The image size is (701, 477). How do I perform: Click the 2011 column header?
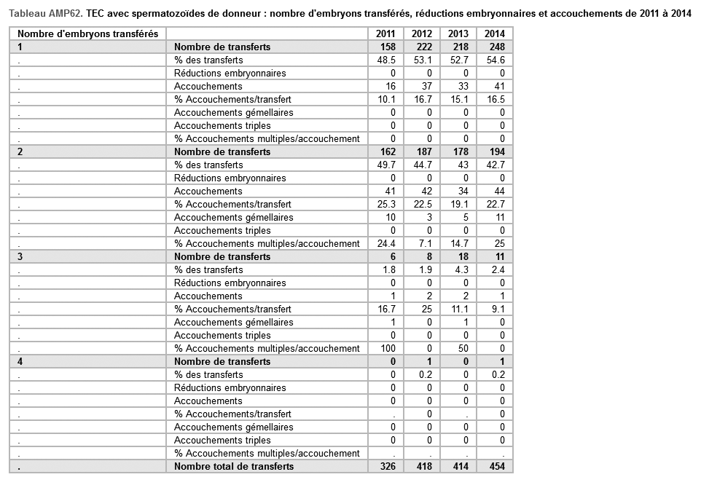pos(385,33)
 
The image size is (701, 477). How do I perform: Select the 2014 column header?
pos(495,33)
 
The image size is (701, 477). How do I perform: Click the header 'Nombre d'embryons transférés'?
pos(87,33)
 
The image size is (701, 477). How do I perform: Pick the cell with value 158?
pos(386,47)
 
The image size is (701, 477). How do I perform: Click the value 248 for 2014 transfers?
pos(495,47)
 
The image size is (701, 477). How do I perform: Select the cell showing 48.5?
pos(386,60)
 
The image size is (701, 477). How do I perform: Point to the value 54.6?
pos(496,60)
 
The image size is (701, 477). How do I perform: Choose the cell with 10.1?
pos(386,99)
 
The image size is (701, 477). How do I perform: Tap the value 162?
pos(386,151)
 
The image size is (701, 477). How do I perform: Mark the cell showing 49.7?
pos(386,165)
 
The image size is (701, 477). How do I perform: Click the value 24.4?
pos(386,243)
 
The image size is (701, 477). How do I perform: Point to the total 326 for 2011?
pos(386,466)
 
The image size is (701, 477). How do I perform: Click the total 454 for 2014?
pos(495,466)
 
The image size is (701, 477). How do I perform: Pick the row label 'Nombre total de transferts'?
pos(234,466)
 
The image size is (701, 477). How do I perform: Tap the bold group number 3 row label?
pos(20,256)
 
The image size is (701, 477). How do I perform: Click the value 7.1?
pos(423,243)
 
